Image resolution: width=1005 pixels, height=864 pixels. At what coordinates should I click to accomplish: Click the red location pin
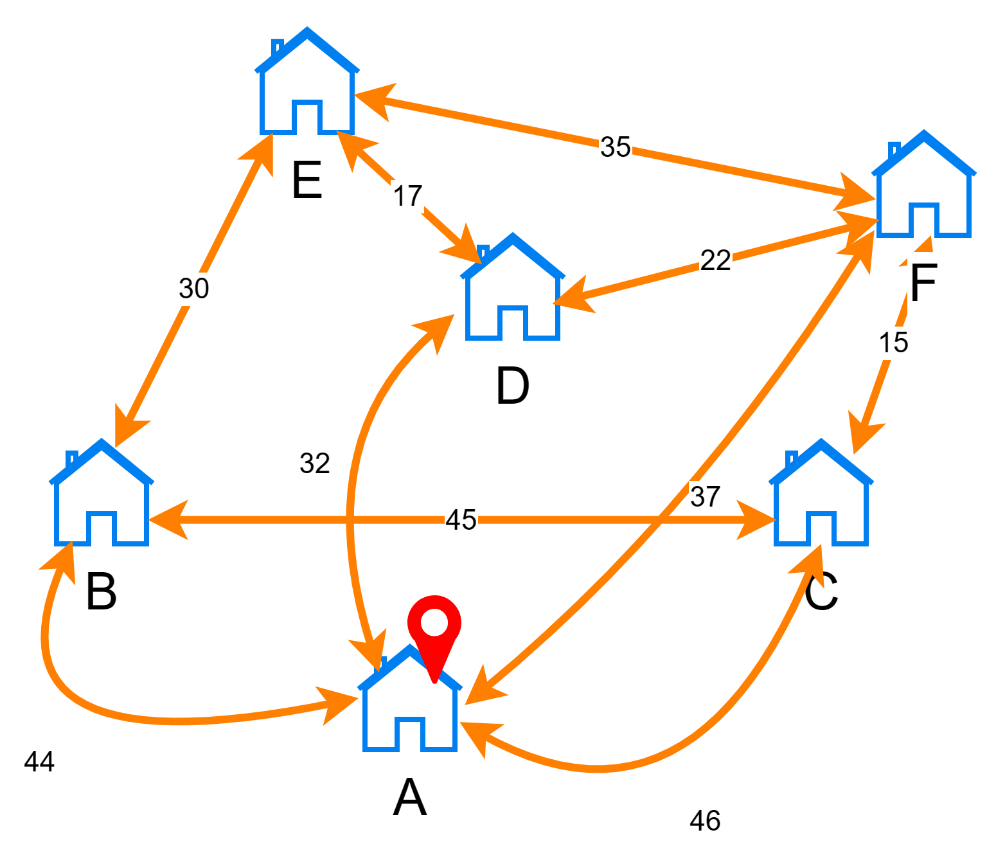[x=434, y=627]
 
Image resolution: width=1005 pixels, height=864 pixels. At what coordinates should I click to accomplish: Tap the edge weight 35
[x=616, y=147]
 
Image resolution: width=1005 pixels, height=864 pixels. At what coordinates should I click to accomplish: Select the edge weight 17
[x=408, y=196]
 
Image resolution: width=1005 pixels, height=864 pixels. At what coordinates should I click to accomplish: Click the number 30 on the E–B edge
[x=194, y=289]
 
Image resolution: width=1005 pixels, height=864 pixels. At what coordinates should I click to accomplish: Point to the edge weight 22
[x=716, y=261]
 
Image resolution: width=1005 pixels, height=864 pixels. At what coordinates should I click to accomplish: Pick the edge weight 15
[x=894, y=343]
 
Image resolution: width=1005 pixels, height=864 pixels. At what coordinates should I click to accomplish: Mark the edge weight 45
[x=461, y=520]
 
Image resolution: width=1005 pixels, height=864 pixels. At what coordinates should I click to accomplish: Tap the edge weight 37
[x=706, y=497]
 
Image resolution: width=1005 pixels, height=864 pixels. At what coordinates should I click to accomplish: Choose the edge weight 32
[x=315, y=464]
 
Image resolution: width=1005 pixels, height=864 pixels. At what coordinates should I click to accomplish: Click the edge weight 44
[x=40, y=762]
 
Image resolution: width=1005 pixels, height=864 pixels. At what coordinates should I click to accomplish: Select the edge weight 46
[x=706, y=821]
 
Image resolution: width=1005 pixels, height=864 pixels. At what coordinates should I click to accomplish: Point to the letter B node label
[x=102, y=591]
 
